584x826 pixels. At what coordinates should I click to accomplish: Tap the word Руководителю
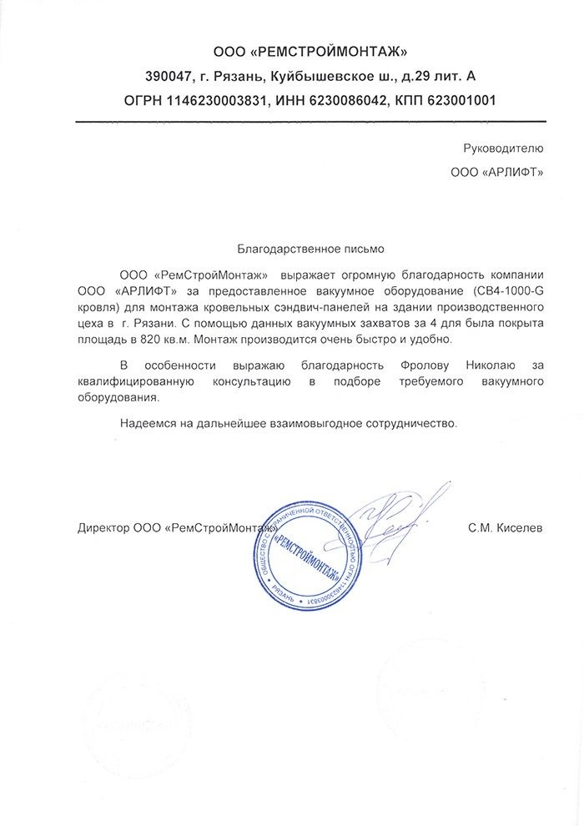pos(502,149)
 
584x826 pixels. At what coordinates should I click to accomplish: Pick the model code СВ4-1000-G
pos(509,290)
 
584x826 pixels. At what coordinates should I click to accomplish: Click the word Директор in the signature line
pos(103,528)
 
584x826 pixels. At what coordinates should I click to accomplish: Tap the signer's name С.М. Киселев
pos(506,528)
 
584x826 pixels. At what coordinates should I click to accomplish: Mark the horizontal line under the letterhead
pos(310,122)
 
